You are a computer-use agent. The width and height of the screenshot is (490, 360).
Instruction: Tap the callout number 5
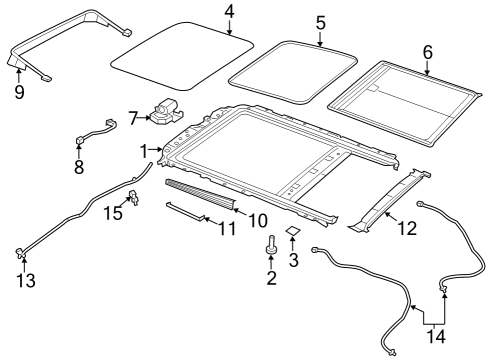tap(320, 21)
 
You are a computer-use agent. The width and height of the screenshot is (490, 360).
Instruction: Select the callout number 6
tap(427, 51)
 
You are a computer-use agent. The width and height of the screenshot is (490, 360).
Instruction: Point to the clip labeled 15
tap(133, 195)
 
